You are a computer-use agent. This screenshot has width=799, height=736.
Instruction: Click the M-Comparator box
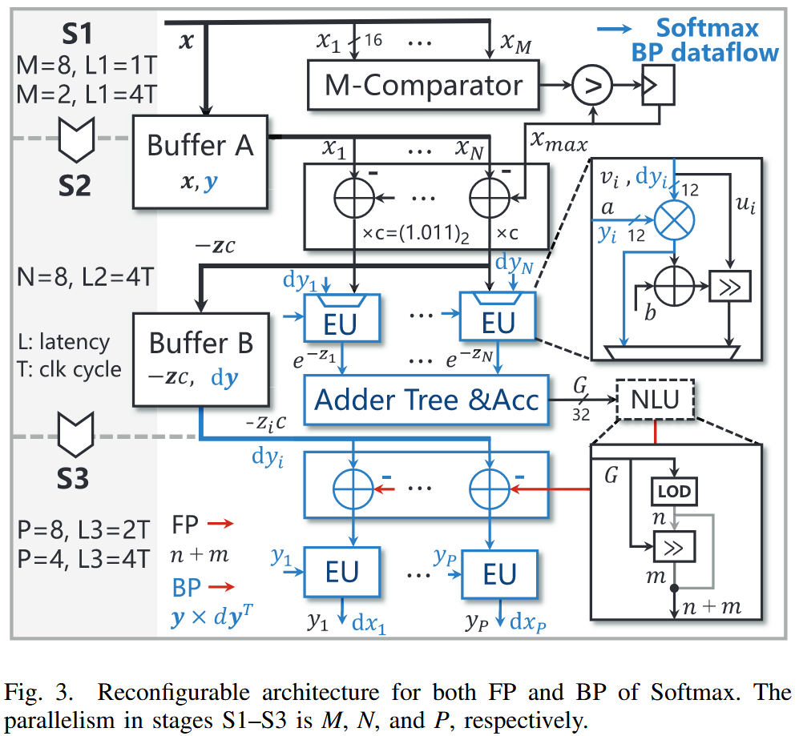pyautogui.click(x=424, y=85)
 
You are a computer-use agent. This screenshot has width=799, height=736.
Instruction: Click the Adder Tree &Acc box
pyautogui.click(x=426, y=399)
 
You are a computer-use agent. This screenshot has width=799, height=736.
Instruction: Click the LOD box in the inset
pyautogui.click(x=673, y=491)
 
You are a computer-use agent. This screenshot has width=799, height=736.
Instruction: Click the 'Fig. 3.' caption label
pyautogui.click(x=42, y=692)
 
